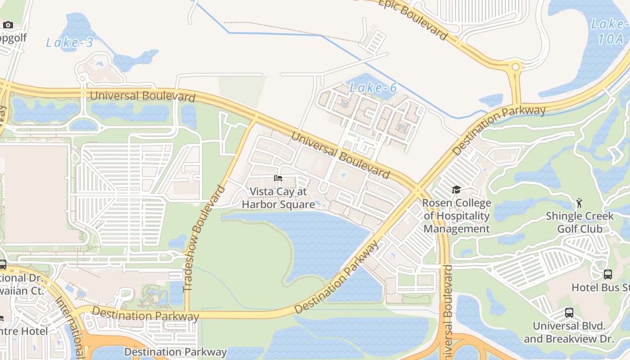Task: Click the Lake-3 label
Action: click(x=70, y=43)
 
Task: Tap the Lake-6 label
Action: click(x=373, y=88)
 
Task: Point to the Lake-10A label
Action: click(x=610, y=31)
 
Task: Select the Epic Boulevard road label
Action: click(x=413, y=19)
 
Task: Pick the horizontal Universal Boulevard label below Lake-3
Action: click(x=143, y=96)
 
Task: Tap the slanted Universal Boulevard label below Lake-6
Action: click(x=340, y=154)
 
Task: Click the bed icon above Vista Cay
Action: click(x=278, y=179)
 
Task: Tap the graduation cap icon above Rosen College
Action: click(x=456, y=189)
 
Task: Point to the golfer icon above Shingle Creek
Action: click(x=579, y=203)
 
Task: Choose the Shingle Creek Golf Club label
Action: click(x=580, y=222)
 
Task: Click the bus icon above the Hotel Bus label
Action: click(x=607, y=274)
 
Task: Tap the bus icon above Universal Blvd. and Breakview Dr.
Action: click(x=569, y=312)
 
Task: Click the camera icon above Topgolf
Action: click(x=8, y=25)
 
